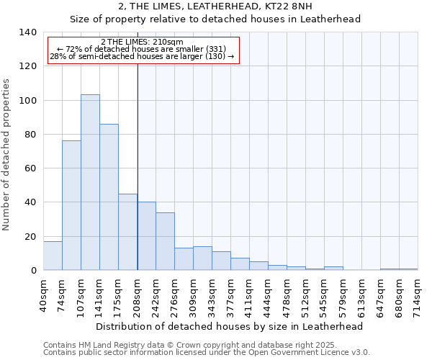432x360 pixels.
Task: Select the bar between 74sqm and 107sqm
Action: coord(71,205)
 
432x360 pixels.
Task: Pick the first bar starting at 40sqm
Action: coord(53,256)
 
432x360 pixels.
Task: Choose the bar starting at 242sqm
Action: coord(165,241)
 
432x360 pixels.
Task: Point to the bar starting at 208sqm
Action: coord(146,235)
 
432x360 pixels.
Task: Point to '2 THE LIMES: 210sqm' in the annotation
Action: coord(142,42)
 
